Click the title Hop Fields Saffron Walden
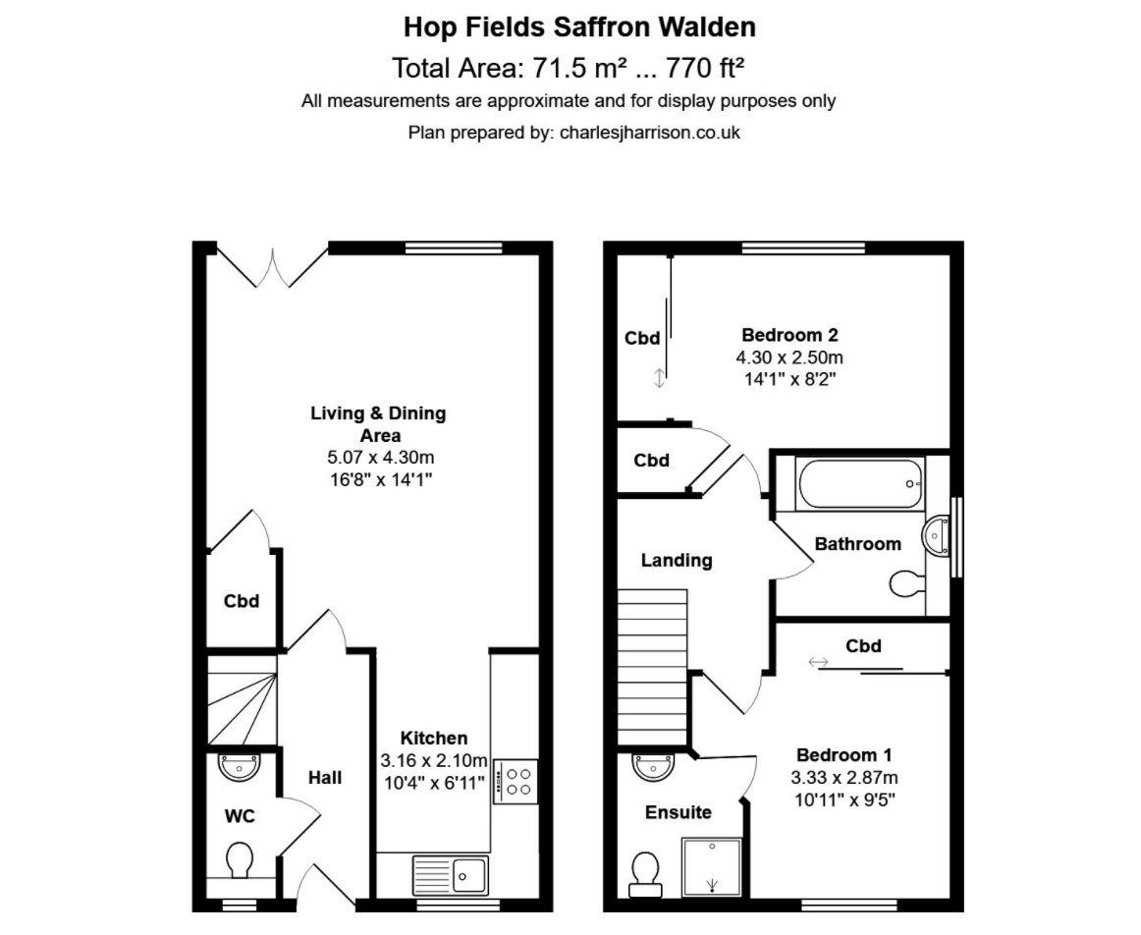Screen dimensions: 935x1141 [x=579, y=27]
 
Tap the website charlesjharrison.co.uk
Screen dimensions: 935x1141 [x=649, y=132]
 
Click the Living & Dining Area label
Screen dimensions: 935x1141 [x=378, y=423]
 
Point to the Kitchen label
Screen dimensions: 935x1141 [x=433, y=739]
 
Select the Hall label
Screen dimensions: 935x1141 [x=325, y=778]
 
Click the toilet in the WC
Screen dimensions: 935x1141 [x=239, y=863]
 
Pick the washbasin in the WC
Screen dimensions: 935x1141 [x=238, y=767]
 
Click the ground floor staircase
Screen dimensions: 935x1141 [x=242, y=699]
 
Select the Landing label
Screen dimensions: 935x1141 [x=677, y=561]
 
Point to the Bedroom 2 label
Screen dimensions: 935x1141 [x=789, y=334]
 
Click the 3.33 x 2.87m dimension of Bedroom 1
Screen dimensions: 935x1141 [x=844, y=777]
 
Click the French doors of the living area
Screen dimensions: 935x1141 [x=272, y=267]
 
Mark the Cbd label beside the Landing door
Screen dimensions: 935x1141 [x=651, y=461]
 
